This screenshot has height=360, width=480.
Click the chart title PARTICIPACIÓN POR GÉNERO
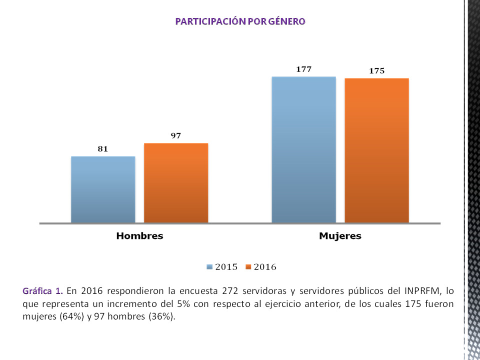coord(240,21)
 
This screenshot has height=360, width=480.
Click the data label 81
coord(103,148)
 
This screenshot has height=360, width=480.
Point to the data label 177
coord(303,69)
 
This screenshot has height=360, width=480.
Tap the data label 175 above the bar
coord(376,71)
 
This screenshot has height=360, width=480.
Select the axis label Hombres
coord(139,236)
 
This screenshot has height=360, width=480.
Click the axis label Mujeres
coord(340,236)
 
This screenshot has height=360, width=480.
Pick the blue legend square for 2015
coord(209,267)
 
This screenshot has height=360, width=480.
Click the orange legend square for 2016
coord(248,267)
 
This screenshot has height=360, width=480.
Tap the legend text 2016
coord(265,267)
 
